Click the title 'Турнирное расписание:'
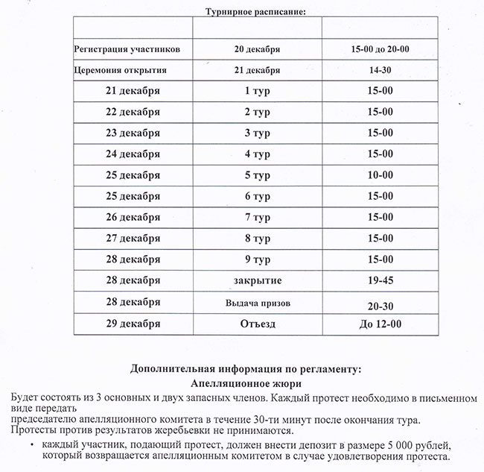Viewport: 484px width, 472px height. [x=255, y=11]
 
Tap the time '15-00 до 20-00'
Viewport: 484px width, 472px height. [x=384, y=49]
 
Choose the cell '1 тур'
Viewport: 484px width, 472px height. [x=257, y=91]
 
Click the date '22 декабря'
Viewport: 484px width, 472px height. [x=133, y=112]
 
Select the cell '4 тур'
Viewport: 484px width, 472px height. [x=257, y=154]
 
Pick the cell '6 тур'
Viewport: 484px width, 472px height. [x=257, y=196]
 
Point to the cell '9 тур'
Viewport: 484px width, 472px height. [x=257, y=259]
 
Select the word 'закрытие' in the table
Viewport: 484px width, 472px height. [x=257, y=280]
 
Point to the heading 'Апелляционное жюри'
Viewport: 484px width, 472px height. [x=245, y=383]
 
